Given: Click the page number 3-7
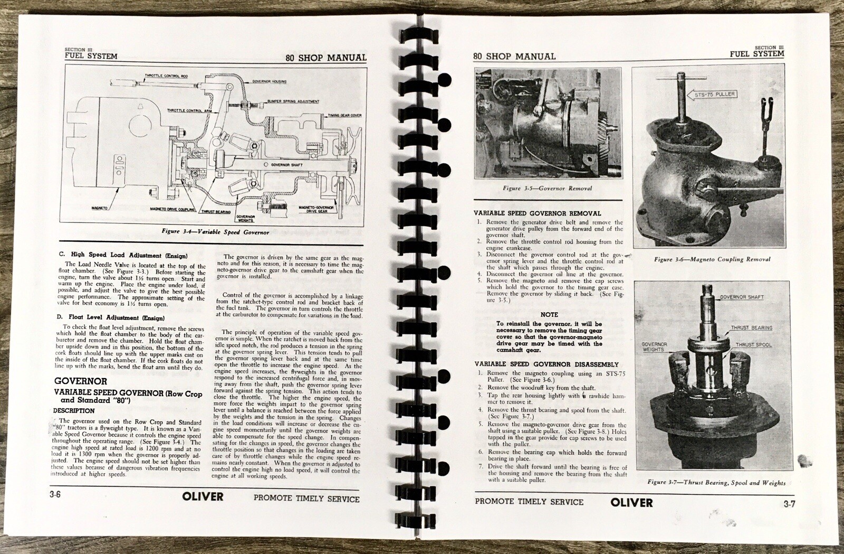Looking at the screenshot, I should point(789,504).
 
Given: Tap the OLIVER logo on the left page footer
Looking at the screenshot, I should point(203,496).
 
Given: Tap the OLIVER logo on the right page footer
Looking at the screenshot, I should point(631,503).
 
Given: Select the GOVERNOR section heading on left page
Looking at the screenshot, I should point(81,381).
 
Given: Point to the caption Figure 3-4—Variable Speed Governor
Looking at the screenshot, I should point(216,232).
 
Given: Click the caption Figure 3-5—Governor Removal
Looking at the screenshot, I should point(547,188).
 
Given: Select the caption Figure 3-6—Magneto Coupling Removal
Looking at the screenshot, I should point(712,259).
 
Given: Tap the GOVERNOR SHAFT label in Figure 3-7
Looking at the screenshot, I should point(741,297).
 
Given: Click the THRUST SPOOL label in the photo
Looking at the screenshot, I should point(754,345).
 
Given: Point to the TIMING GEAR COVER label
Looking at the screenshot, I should point(344,115).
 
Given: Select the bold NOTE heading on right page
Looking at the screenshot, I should point(549,314).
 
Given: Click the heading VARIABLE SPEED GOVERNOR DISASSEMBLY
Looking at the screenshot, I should point(546,364).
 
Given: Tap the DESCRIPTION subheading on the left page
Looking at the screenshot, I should point(74,410).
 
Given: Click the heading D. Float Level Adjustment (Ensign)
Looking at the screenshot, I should point(112,318).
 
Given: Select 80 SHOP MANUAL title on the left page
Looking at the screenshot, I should point(325,58).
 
